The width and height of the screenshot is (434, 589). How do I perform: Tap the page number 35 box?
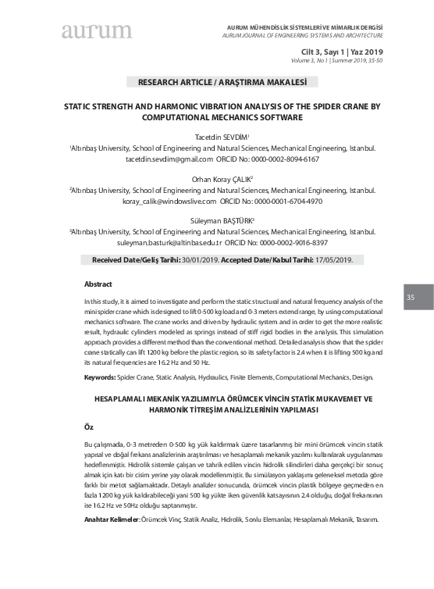click(411, 298)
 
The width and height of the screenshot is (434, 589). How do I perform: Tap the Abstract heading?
click(98, 284)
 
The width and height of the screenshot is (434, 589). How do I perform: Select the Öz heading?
click(88, 428)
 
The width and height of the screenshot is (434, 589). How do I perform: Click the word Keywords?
click(99, 377)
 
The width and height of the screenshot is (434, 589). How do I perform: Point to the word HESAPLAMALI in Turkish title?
click(127, 398)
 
